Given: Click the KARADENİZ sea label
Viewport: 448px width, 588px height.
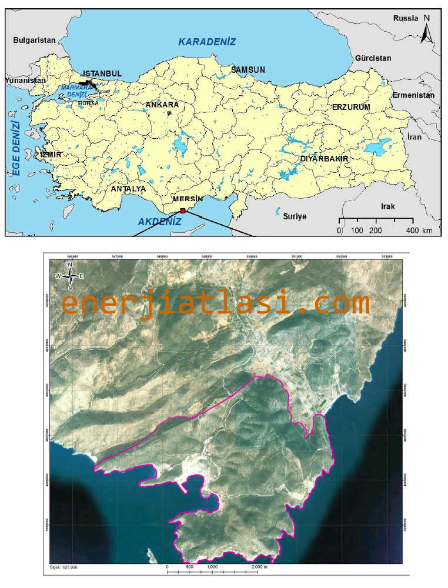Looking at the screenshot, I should pos(207,42).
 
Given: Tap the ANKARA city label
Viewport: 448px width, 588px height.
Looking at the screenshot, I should pos(162,105).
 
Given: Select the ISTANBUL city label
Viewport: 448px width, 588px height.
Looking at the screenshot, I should pos(102,73).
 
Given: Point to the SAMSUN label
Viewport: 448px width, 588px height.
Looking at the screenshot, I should pos(248,69).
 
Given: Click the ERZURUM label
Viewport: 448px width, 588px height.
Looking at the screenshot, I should pos(351,107).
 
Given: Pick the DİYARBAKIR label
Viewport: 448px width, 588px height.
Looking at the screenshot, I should pos(325,159).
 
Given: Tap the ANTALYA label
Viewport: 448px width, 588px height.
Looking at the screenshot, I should pos(128,189).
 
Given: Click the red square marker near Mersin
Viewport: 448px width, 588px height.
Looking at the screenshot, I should pos(183,210).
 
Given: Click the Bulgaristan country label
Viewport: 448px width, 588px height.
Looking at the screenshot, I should pos(34,41).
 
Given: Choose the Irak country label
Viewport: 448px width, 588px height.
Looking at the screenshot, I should pos(387,206).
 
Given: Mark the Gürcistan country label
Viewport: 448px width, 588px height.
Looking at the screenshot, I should pos(373,59).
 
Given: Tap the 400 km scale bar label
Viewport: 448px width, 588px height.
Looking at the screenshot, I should pos(419,230).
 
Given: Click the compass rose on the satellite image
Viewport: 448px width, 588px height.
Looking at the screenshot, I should pos(70,276).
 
